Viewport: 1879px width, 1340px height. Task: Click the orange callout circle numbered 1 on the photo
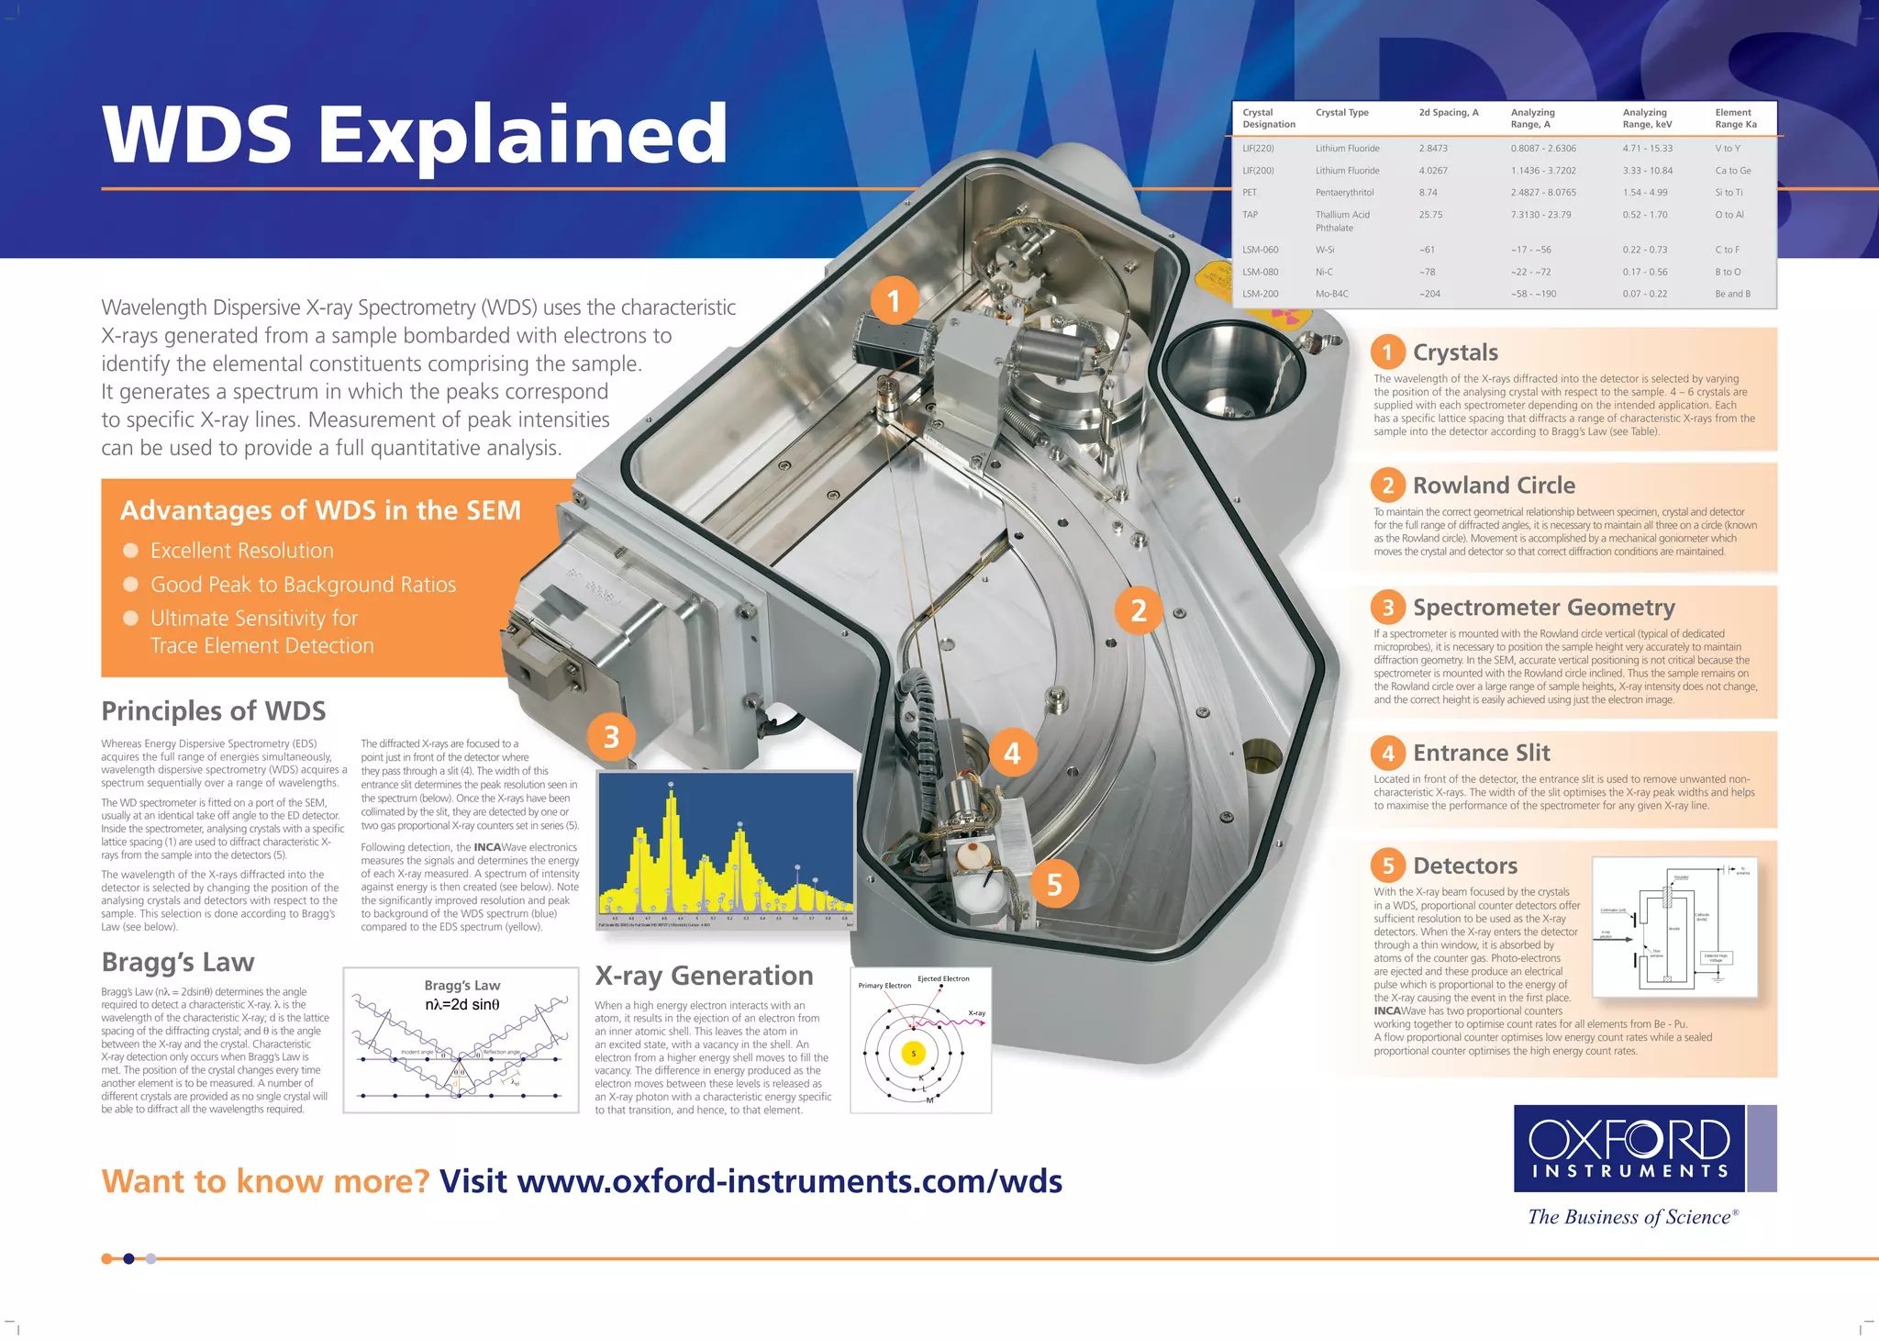pos(894,301)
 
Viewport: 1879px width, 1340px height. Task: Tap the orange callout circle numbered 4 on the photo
pos(1012,754)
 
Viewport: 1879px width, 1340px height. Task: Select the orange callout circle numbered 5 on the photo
pos(1054,884)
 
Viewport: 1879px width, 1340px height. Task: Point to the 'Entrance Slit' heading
pos(1481,754)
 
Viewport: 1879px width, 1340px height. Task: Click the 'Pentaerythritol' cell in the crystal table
pos(1344,193)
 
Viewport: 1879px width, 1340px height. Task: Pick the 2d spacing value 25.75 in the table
pos(1430,215)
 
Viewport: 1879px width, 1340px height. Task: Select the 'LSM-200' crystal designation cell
pos(1260,294)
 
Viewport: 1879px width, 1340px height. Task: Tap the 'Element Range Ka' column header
pos(1735,118)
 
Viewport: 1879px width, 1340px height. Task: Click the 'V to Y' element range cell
pos(1727,149)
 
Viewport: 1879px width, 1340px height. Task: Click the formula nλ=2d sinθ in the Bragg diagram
pos(462,1005)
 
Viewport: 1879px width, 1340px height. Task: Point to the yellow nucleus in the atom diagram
pos(913,1054)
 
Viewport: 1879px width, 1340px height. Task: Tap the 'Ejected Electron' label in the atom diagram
pos(943,978)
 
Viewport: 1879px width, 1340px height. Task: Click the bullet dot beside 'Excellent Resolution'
pos(131,551)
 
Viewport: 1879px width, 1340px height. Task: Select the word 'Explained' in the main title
pos(523,134)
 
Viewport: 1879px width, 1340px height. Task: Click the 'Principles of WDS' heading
pos(214,711)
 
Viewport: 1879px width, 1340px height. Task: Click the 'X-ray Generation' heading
pos(704,976)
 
